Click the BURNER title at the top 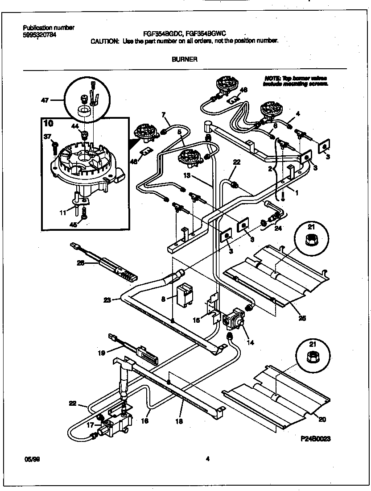click(184, 59)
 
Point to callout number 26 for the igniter click(80, 263)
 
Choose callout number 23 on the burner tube click(107, 300)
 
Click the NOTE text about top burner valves click(296, 81)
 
